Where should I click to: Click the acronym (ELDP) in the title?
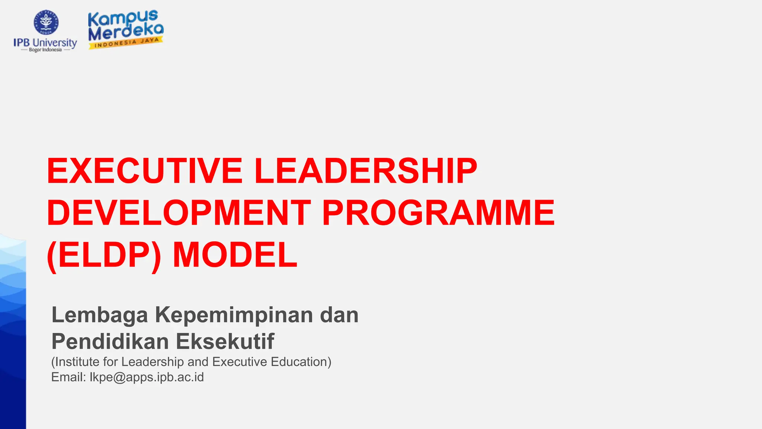pyautogui.click(x=104, y=255)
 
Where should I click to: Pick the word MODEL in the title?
pyautogui.click(x=235, y=255)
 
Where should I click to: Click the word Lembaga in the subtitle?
pyautogui.click(x=100, y=315)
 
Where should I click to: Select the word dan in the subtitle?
pyautogui.click(x=339, y=315)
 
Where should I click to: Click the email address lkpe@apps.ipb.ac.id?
pyautogui.click(x=147, y=377)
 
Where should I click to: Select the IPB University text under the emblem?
pyautogui.click(x=45, y=43)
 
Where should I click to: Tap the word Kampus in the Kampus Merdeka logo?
pyautogui.click(x=123, y=18)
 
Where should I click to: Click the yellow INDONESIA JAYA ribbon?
pyautogui.click(x=126, y=42)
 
